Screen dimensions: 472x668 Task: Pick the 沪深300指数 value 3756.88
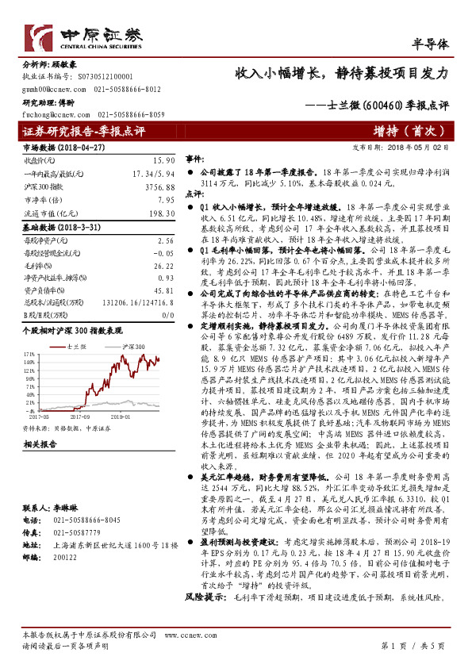point(159,187)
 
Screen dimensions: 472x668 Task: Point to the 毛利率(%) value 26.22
point(164,267)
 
